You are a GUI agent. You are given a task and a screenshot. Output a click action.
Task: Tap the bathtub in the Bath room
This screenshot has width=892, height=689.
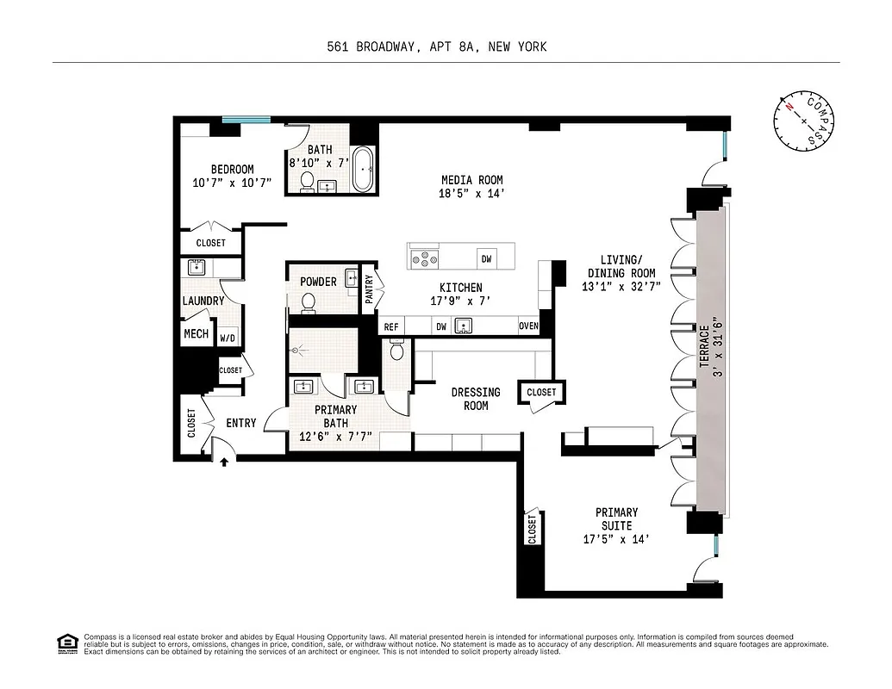point(363,170)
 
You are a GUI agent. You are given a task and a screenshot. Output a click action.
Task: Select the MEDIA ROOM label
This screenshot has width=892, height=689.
point(471,180)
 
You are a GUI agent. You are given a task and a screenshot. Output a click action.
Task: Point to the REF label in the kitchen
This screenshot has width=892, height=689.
point(391,326)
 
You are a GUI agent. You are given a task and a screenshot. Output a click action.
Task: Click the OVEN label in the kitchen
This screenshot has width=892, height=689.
point(528,326)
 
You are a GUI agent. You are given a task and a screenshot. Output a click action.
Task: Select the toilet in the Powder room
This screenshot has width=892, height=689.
point(309,302)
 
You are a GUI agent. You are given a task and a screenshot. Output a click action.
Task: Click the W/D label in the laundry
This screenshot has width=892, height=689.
point(228,338)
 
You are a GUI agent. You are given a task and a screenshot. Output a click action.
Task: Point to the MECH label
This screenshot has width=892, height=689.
point(196,333)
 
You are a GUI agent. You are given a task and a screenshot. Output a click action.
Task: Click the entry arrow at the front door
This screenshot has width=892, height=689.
point(224,462)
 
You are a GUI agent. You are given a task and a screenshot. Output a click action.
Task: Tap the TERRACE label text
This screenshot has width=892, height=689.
point(704,346)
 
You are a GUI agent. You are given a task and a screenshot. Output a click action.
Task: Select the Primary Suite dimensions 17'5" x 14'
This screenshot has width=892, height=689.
point(616,539)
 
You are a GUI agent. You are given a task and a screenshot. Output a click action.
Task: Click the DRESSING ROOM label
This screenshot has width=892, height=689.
point(475,399)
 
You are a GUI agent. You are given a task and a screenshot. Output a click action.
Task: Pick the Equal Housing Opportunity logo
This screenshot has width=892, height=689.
point(66,642)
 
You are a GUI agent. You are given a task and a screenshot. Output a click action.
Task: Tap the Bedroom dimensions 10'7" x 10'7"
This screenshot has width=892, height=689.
point(232,183)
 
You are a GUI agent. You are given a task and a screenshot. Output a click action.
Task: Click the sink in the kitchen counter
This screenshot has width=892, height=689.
point(465,326)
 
